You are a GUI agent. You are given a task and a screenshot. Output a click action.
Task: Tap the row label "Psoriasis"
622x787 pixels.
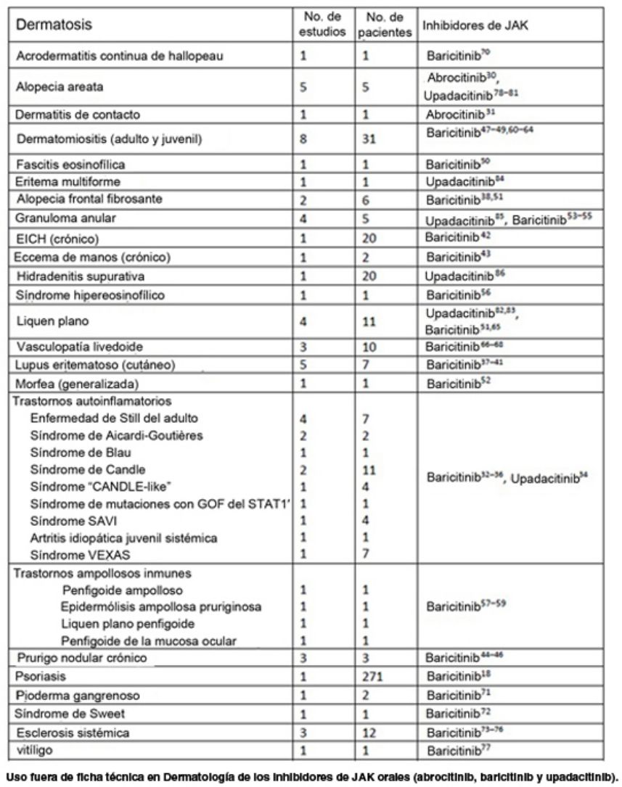[41, 676]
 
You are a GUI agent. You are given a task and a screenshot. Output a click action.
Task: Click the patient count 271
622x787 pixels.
[375, 676]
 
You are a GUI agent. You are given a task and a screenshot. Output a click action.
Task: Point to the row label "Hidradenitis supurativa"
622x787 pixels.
[81, 276]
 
